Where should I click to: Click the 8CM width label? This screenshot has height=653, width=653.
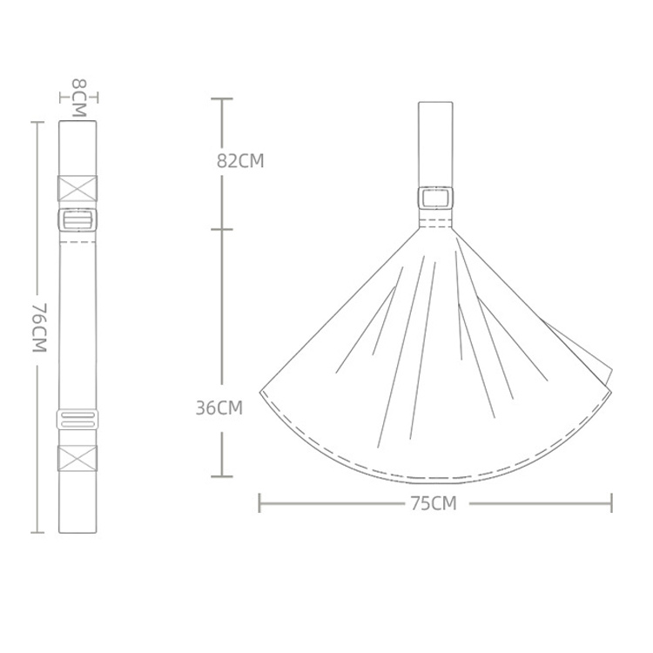pyautogui.click(x=79, y=98)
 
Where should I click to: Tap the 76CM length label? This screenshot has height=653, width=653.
pyautogui.click(x=39, y=327)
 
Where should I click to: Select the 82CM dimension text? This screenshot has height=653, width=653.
pyautogui.click(x=240, y=161)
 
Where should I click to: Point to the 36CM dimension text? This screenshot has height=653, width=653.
pyautogui.click(x=219, y=408)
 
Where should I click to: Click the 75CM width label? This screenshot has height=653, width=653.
pyautogui.click(x=434, y=503)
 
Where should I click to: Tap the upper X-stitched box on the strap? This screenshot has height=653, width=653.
pyautogui.click(x=77, y=189)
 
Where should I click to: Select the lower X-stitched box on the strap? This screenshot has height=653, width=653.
pyautogui.click(x=77, y=458)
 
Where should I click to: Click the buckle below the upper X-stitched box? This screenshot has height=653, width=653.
pyautogui.click(x=77, y=219)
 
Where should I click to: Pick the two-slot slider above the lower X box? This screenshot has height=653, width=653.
pyautogui.click(x=77, y=420)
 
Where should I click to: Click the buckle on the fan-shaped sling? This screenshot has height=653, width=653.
pyautogui.click(x=435, y=198)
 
